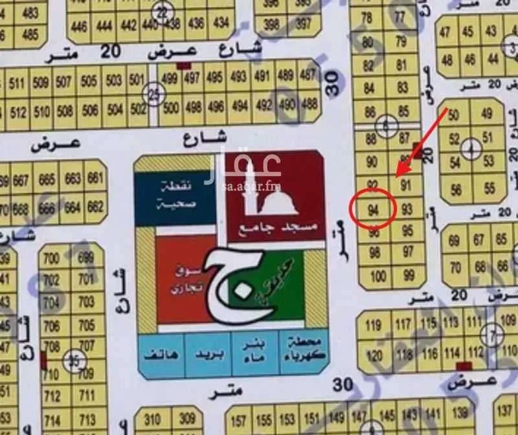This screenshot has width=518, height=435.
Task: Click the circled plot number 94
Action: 372,210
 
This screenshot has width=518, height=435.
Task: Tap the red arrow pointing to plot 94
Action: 421,142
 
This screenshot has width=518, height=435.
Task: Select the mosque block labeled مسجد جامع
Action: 275,194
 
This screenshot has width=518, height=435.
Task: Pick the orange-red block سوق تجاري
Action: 188,278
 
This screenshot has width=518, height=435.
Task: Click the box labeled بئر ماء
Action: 256,353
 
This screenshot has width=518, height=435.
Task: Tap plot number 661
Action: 95,179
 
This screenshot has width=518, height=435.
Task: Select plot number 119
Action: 374,324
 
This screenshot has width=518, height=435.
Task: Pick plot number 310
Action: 153,419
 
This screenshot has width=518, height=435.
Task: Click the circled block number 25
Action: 153,93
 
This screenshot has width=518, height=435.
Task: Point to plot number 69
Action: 455,241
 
